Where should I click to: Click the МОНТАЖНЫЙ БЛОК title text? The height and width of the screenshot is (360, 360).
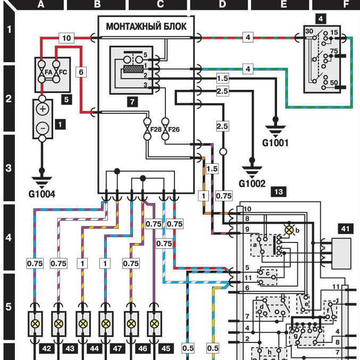(x=146, y=26)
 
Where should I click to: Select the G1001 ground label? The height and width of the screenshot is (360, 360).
(x=275, y=142)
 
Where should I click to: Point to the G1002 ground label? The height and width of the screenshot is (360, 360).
(x=252, y=184)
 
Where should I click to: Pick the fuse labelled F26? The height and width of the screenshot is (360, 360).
(x=165, y=128)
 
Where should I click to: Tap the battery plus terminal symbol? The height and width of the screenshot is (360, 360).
(x=43, y=108)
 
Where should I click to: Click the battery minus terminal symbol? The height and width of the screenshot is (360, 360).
(x=43, y=128)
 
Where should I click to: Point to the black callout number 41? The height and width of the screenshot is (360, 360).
(x=345, y=229)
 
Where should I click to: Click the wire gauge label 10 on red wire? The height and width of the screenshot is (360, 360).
(x=67, y=38)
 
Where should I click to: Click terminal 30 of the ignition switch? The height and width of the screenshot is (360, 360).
(x=309, y=32)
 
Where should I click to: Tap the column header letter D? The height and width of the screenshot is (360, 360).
(x=222, y=4)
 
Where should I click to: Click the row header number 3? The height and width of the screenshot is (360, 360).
(x=8, y=169)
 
